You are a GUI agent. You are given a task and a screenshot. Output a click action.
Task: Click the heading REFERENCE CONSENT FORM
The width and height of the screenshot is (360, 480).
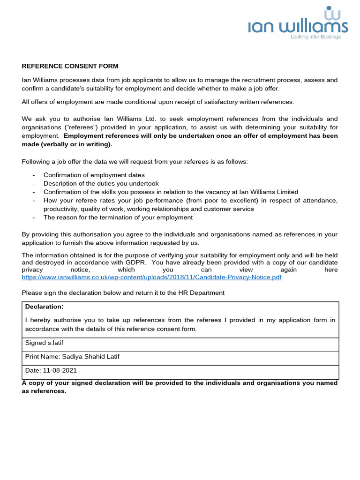pyautogui.click(x=70, y=66)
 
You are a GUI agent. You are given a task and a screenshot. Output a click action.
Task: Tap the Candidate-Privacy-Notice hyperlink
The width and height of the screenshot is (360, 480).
pyautogui.click(x=152, y=277)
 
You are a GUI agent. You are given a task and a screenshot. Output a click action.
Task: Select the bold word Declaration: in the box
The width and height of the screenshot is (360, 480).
pyautogui.click(x=44, y=307)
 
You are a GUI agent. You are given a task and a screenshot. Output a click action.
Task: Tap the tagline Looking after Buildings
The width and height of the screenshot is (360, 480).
pyautogui.click(x=315, y=37)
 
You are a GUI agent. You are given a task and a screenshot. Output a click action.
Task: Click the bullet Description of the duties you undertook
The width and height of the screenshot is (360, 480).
pyautogui.click(x=101, y=183)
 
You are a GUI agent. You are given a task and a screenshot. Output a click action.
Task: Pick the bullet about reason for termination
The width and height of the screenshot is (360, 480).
pyautogui.click(x=118, y=217)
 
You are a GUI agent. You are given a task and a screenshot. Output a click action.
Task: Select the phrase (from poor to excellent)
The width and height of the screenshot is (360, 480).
pyautogui.click(x=225, y=201)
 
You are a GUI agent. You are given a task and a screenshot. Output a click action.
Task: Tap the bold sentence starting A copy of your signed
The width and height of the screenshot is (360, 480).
pyautogui.click(x=180, y=383)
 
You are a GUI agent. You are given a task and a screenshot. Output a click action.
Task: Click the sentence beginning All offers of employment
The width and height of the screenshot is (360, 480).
pyautogui.click(x=158, y=102)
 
